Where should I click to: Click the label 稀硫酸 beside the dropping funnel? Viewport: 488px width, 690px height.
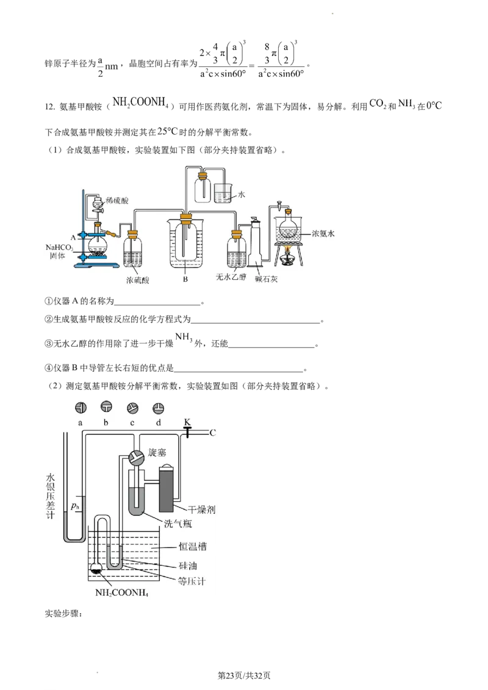point(117,200)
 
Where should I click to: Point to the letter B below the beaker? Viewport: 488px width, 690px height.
point(184,280)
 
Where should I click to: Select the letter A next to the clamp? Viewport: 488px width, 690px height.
point(73,235)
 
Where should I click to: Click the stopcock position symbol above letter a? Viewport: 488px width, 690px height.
point(80,408)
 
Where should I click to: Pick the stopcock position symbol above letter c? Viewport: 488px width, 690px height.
point(132,408)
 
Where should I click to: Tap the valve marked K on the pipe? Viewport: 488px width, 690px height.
point(187,432)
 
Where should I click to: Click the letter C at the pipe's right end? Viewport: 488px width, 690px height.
point(213,433)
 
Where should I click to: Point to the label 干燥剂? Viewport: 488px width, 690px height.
point(201,508)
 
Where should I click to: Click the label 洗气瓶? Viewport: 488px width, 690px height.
point(178,523)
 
